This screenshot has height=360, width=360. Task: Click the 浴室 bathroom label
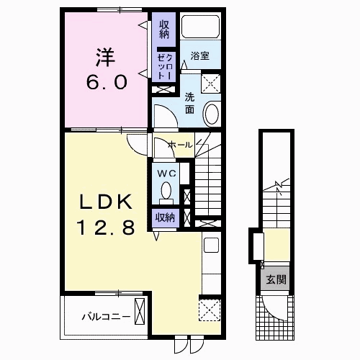click(x=199, y=56)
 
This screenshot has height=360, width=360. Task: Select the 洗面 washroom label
click(x=189, y=104)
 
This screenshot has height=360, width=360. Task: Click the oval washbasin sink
click(x=212, y=114)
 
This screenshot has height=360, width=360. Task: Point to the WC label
click(x=166, y=174)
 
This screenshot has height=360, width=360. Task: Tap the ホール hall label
click(x=180, y=145)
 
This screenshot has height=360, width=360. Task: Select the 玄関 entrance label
click(x=276, y=279)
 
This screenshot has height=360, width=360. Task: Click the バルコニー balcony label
click(x=107, y=317)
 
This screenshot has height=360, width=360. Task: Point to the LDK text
click(x=106, y=202)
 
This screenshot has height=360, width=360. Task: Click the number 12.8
click(x=106, y=228)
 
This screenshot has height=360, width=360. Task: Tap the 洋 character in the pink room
click(x=106, y=58)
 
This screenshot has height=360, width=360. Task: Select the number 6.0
click(x=107, y=82)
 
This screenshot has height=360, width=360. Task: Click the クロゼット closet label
click(x=165, y=67)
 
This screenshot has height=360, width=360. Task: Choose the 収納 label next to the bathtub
click(x=164, y=30)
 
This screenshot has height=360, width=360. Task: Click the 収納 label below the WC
click(x=165, y=217)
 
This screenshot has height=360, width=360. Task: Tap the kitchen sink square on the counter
click(x=211, y=245)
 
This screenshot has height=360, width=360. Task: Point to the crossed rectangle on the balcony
click(x=140, y=311)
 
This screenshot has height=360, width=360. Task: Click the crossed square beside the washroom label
click(x=211, y=84)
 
